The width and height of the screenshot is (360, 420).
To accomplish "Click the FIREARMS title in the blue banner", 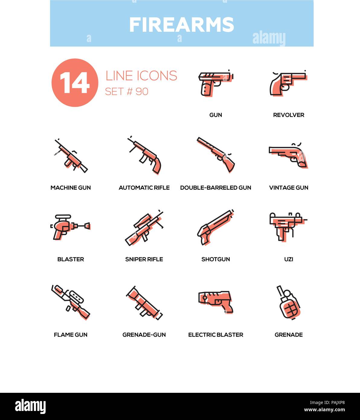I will [x=182, y=24].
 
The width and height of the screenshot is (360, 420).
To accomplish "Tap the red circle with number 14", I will [x=75, y=82].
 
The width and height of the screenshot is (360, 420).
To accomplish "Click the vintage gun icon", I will [x=288, y=155].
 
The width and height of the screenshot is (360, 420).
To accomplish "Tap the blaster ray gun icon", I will [x=70, y=227].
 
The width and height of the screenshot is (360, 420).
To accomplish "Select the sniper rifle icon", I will [x=144, y=228].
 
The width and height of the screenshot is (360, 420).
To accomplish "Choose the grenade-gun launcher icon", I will [x=144, y=302].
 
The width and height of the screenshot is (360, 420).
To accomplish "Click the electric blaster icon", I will [x=216, y=302].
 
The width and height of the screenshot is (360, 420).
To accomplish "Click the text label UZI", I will [x=288, y=259].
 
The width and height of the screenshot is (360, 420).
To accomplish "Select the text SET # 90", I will [x=127, y=91].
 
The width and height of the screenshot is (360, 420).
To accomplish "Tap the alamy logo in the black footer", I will [x=31, y=406].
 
